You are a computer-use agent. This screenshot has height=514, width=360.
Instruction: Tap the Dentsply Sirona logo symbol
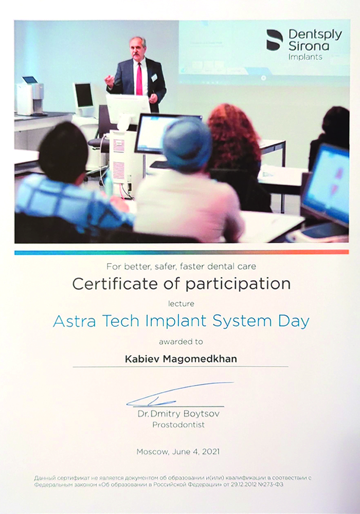coord(275,40)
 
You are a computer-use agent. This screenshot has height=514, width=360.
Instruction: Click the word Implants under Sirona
coord(305,57)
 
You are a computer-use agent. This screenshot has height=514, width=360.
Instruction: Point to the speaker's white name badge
coord(154,78)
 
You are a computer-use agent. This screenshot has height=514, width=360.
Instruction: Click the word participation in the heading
coord(238,284)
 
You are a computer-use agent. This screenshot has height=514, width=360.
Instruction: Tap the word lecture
coord(181,304)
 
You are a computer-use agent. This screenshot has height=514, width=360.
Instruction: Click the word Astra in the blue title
coord(74,321)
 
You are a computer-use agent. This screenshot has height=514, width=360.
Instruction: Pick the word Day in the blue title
coord(294,322)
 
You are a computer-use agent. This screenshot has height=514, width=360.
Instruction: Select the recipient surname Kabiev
coord(142,359)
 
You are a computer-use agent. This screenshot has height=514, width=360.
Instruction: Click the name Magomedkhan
coord(200,359)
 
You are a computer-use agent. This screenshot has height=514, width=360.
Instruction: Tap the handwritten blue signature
coord(179,394)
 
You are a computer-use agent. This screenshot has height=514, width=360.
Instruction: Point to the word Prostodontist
coord(178,425)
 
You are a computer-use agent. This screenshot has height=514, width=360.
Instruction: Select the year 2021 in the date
coord(210,452)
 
